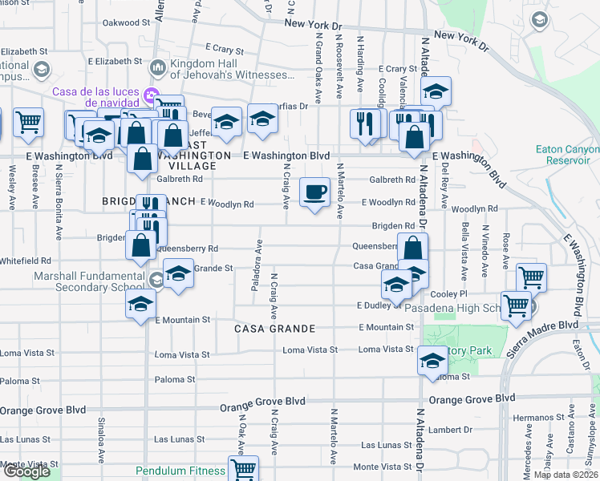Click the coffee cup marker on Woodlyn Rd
point(314,192)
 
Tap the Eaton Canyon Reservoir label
point(568,155)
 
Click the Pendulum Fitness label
point(180,471)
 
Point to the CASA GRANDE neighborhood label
point(275,329)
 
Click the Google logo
point(26,471)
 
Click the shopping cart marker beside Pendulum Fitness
point(243,469)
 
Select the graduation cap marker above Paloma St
point(432,361)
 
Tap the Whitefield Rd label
point(26,261)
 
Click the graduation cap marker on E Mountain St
point(140,305)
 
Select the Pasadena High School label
point(454,308)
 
